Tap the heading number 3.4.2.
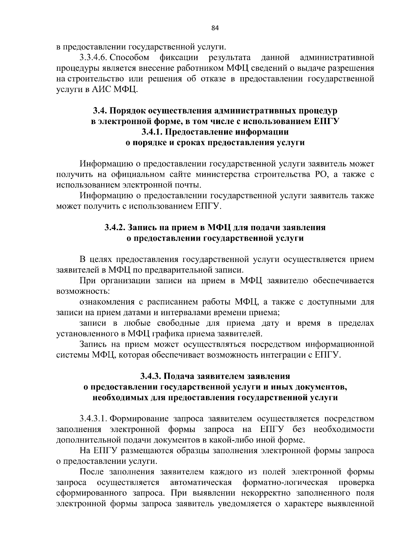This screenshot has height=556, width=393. (115, 228)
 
